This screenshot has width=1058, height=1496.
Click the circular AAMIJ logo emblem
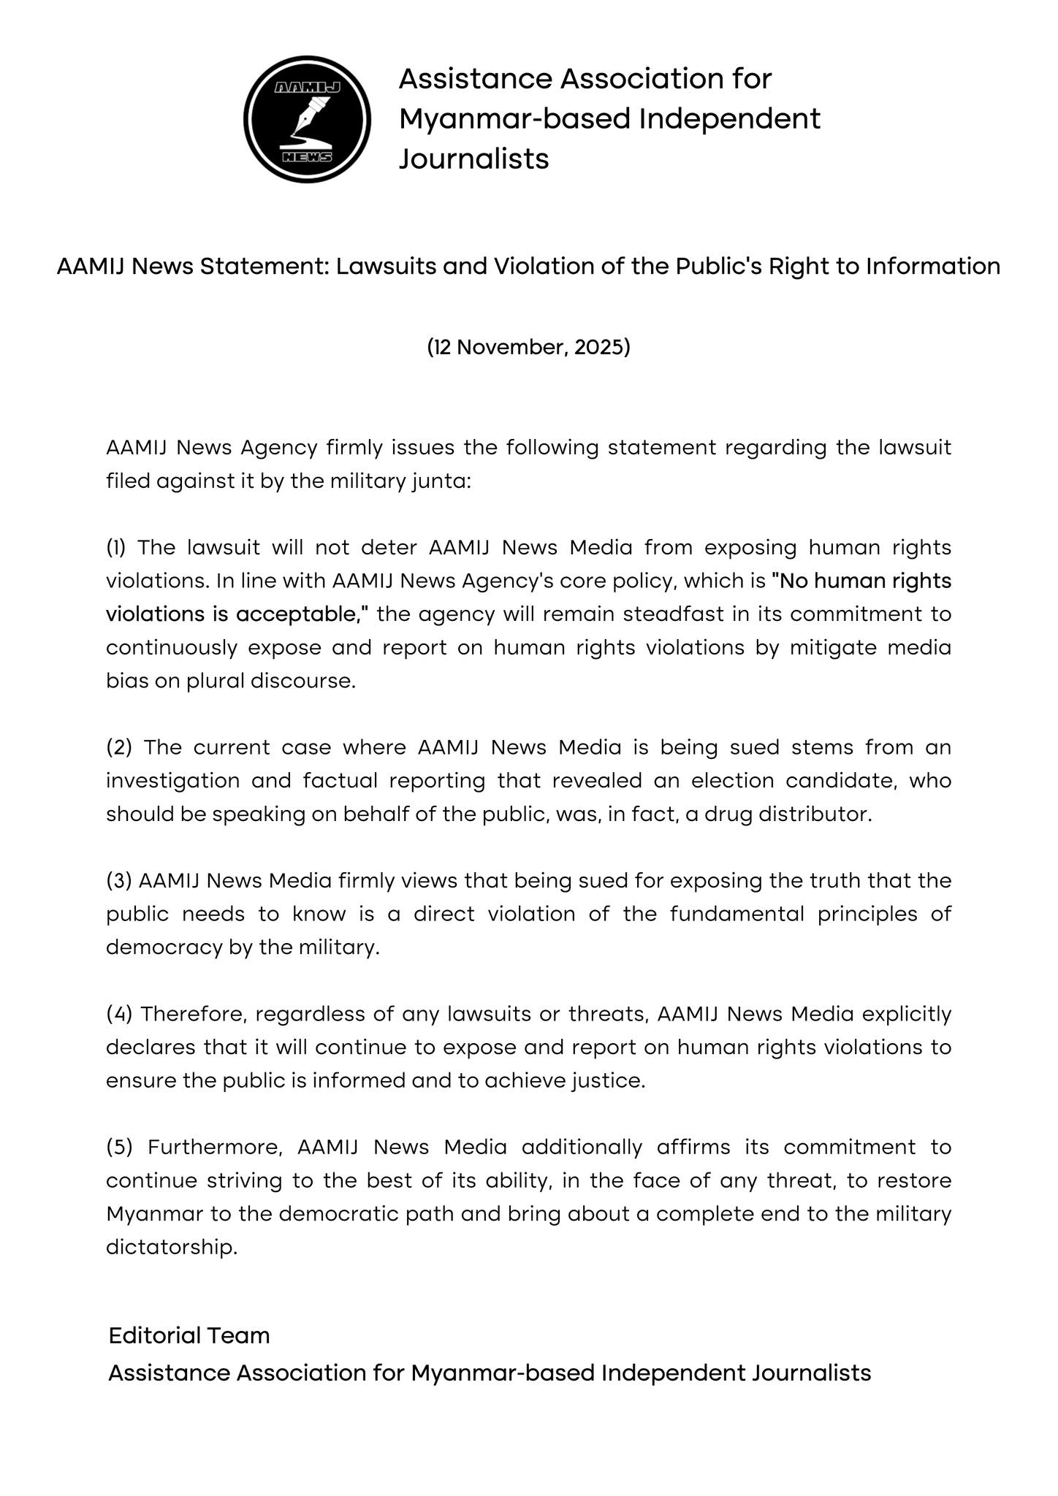point(307,119)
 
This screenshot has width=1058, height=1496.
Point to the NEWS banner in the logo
point(307,157)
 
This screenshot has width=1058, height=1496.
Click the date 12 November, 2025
point(528,347)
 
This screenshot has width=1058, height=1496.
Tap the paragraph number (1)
point(116,547)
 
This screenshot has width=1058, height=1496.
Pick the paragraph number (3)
point(118,880)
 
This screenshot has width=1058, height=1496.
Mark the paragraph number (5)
point(119,1147)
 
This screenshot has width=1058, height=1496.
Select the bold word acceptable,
point(299,614)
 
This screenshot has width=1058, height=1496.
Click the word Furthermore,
point(215,1147)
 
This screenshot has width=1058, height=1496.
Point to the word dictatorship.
point(172,1247)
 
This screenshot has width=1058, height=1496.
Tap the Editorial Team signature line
point(189,1335)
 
